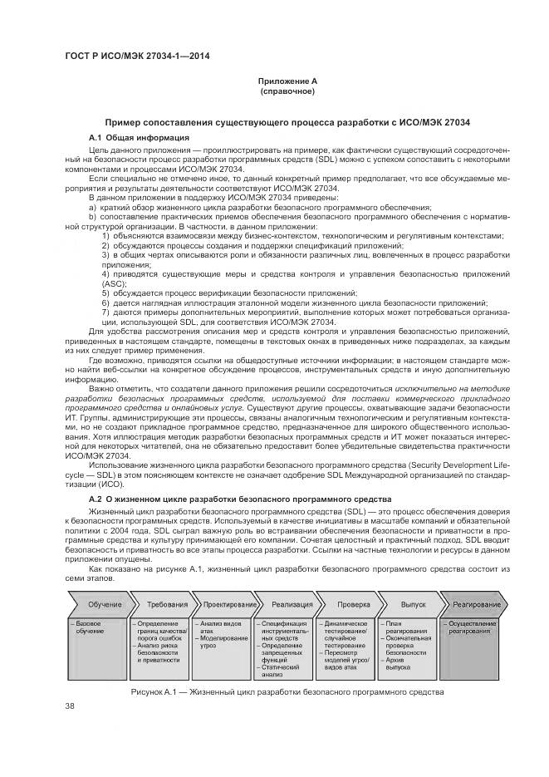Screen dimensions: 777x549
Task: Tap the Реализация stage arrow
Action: click(x=282, y=604)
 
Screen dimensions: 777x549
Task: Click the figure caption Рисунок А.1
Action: click(x=287, y=692)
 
